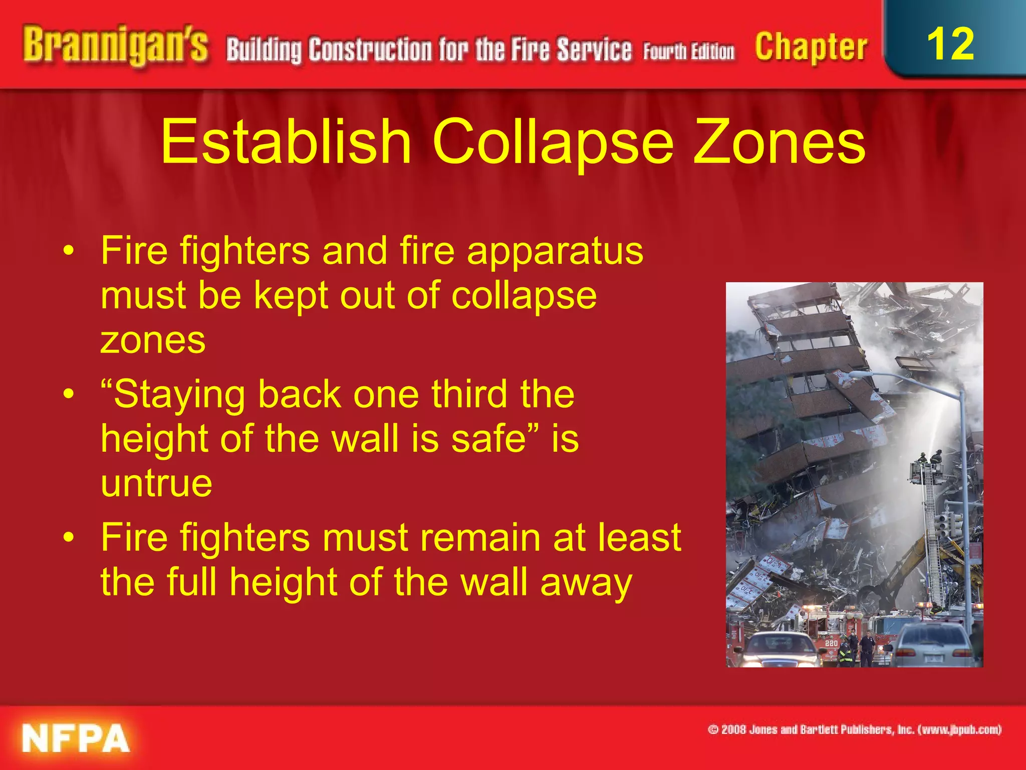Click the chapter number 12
tap(950, 44)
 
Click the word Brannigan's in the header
tap(115, 46)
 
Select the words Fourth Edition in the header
tap(689, 52)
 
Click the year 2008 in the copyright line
tap(733, 729)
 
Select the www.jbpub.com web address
tap(959, 729)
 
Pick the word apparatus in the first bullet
tap(555, 251)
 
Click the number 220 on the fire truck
tap(831, 643)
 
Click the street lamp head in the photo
tap(858, 374)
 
